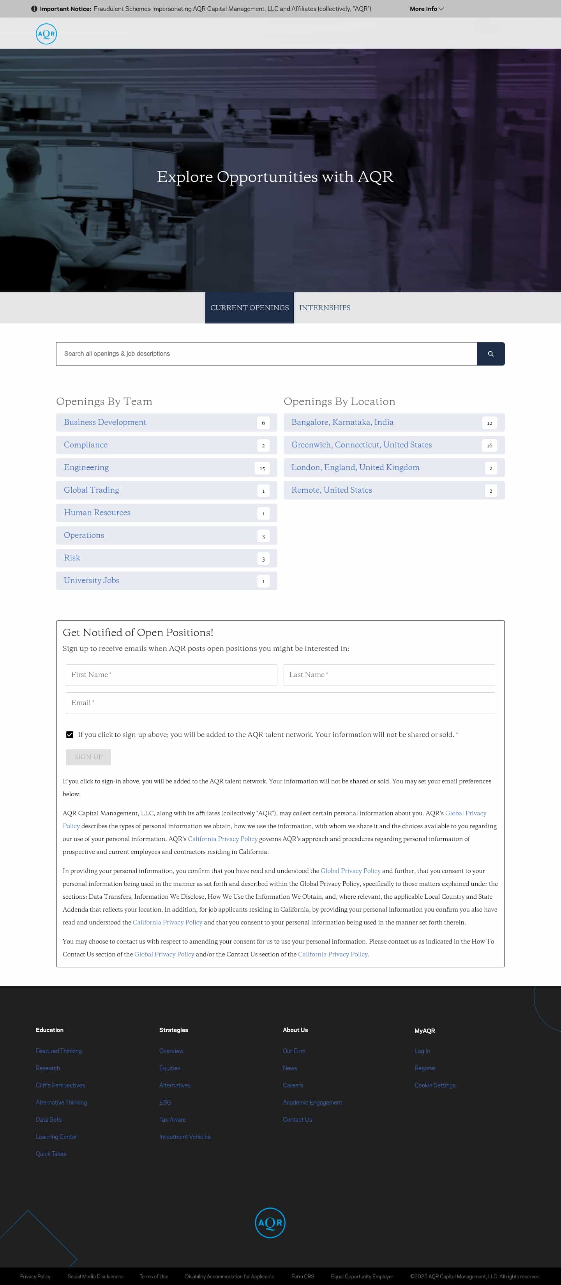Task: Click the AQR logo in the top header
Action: (46, 34)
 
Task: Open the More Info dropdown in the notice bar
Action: (426, 9)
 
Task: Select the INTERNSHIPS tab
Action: (325, 308)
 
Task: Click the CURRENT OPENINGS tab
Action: (249, 308)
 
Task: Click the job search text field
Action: (266, 354)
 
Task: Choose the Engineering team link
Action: (86, 467)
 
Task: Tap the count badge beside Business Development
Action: (263, 422)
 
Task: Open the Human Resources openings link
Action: (97, 512)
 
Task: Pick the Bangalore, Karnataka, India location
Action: (342, 422)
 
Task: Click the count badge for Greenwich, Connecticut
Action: (489, 445)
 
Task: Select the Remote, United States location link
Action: (332, 490)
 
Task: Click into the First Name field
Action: (171, 674)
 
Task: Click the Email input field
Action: (280, 702)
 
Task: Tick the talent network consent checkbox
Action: (70, 734)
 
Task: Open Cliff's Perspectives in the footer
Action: (60, 1085)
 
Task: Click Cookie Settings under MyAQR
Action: (435, 1085)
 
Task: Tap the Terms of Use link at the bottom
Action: (153, 1276)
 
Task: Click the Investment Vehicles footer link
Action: (185, 1137)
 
